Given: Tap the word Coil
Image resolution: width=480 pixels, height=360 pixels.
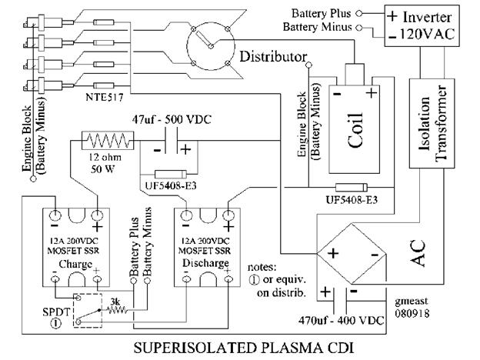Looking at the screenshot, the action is pos(355,131).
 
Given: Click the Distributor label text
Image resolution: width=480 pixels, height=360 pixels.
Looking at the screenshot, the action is pos(273,57).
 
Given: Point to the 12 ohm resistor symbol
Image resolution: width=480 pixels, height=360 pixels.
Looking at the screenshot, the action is pos(108,141).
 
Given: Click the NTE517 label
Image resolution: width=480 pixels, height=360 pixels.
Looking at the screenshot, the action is pos(105,98).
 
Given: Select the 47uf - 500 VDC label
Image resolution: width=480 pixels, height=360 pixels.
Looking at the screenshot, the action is pos(172,119).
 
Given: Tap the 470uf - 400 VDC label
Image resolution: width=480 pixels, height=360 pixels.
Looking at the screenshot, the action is pos(341,321).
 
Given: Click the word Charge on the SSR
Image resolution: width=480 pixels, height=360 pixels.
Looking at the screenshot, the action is pos(75,265).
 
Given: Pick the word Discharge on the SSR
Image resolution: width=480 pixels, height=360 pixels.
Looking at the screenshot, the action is pos(205,263).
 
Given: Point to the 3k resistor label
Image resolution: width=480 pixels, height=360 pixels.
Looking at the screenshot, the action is pos(115,302).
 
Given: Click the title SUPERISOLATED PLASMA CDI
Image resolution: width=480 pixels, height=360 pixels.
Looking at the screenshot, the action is pos(243,348).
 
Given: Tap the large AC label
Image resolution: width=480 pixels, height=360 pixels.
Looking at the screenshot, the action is pos(418,253).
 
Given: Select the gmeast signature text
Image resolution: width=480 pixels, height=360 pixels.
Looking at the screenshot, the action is pos(411,302).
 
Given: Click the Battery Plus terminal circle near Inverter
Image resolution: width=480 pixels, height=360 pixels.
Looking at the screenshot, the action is pos(359,14).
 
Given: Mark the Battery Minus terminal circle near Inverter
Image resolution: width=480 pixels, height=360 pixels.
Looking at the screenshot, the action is pos(359,28).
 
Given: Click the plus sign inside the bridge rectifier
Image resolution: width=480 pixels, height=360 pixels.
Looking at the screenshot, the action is pos(333,254).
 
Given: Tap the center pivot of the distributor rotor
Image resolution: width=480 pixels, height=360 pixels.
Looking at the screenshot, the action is pos(211,46).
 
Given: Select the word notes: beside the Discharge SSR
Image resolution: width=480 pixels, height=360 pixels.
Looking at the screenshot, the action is pos(262,267).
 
